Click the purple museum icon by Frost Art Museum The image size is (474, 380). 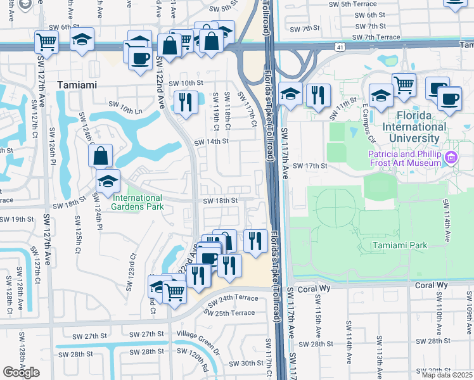click(x=451, y=158)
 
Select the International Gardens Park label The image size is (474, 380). click(x=138, y=201)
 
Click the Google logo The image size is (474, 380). click(x=21, y=372)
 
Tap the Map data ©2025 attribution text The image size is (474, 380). click(x=447, y=374)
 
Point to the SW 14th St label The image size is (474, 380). click(x=210, y=142)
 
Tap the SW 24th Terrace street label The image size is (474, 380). click(x=236, y=298)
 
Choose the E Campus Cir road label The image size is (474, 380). click(x=369, y=125)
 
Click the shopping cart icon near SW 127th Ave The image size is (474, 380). click(x=46, y=42)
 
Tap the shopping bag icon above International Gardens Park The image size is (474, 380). click(x=100, y=155)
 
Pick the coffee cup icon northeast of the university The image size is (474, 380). click(x=449, y=99)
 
